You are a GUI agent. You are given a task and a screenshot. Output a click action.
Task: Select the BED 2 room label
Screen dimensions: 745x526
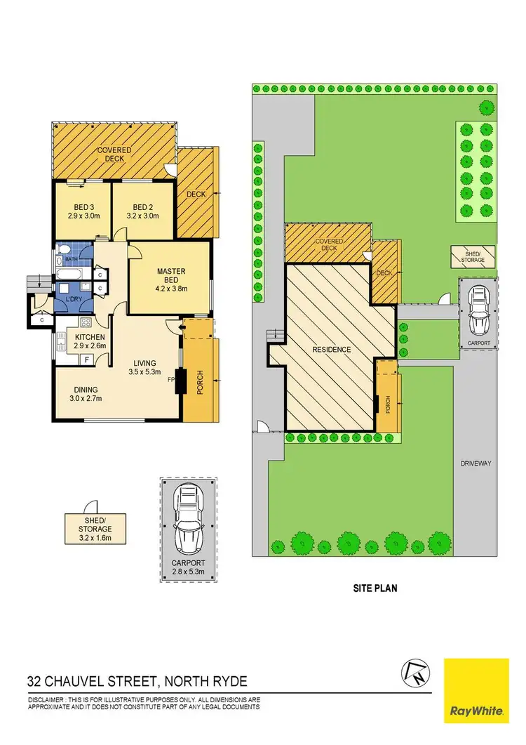pyautogui.click(x=142, y=207)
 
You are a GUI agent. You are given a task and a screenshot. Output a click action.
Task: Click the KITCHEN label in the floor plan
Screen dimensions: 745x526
pyautogui.click(x=89, y=336)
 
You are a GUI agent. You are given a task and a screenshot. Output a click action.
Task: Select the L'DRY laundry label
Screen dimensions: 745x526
pyautogui.click(x=74, y=301)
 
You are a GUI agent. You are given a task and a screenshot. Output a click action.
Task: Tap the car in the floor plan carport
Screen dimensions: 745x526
pyautogui.click(x=187, y=521)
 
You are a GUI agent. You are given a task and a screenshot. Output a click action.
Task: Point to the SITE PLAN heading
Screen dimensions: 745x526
pyautogui.click(x=375, y=588)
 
